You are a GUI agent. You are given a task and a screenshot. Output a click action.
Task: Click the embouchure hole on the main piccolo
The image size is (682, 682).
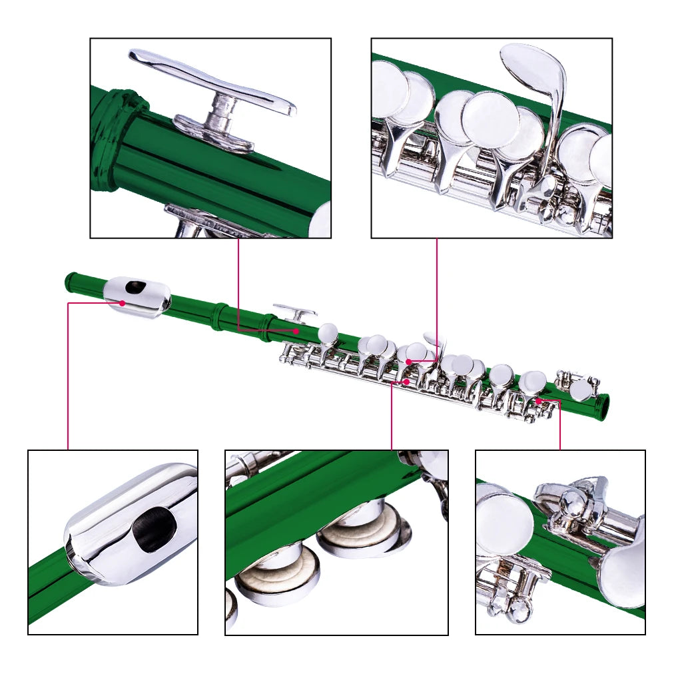pos(137,287)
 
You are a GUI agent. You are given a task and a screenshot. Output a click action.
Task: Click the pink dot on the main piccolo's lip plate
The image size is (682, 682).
pos(123,303)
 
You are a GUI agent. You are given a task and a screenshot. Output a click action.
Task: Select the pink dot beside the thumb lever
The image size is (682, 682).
pos(296,330)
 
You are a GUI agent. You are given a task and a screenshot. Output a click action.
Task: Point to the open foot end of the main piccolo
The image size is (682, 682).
pos(604,407)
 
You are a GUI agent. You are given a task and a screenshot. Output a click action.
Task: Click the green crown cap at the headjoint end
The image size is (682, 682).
pos(70,280)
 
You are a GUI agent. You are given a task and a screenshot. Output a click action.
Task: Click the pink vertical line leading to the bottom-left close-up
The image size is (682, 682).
pos(68,380)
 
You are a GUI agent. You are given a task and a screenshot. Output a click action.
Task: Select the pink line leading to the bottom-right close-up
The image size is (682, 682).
pos(560,426)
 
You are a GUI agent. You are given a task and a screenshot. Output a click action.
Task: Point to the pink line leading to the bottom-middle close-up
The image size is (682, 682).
pos(392,420)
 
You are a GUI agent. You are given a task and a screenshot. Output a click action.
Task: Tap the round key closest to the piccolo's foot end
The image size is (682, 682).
pos(582,391)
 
